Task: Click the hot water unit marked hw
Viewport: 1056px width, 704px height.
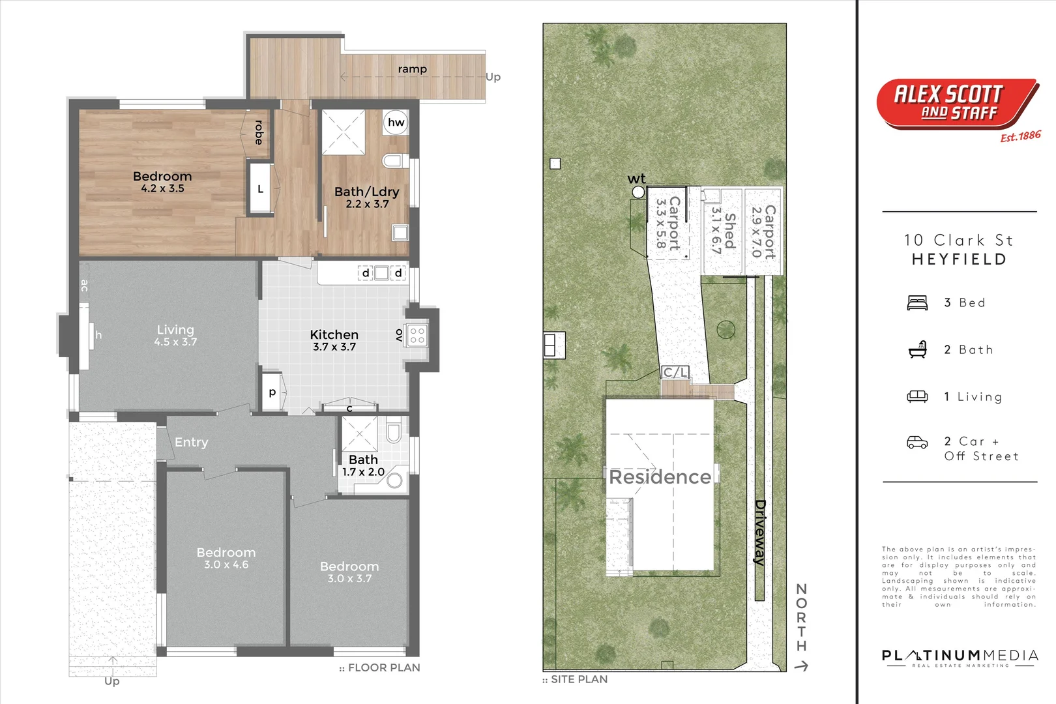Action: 396,123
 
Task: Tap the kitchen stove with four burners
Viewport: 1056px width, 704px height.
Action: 417,335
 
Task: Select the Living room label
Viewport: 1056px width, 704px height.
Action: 175,335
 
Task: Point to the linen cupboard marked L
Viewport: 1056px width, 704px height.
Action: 260,189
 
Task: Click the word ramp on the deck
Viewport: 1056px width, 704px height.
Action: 413,69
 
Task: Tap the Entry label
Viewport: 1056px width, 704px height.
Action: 191,443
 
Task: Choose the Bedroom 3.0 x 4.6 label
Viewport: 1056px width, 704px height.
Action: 226,558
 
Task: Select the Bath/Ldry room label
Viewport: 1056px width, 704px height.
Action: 367,198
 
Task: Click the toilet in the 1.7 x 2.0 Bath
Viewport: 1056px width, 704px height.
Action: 392,432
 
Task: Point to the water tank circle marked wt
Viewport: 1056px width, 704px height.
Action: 638,192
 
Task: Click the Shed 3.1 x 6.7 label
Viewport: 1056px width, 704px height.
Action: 723,231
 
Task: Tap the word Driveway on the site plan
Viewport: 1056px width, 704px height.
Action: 759,533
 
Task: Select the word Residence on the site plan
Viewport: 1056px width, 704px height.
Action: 660,477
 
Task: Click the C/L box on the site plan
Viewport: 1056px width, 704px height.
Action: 675,372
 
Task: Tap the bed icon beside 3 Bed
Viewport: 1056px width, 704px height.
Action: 917,302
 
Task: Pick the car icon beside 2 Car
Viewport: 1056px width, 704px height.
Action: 917,443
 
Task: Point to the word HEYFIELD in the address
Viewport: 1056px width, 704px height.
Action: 960,259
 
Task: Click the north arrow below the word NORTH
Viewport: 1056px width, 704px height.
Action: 801,666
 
